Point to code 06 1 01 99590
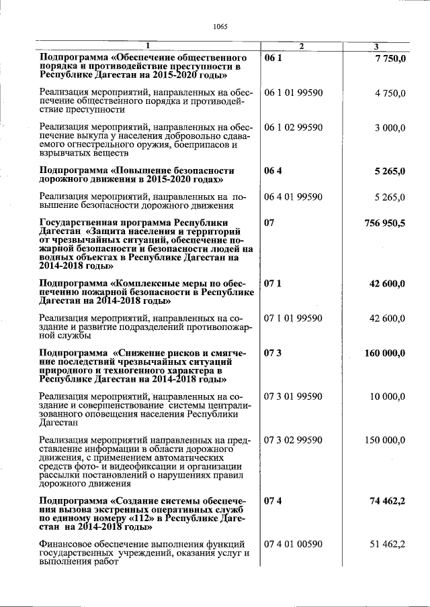pos(294,92)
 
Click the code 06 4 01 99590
pos(294,197)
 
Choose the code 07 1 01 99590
pos(294,318)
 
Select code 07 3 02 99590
pos(294,440)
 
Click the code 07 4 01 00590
pos(294,544)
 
